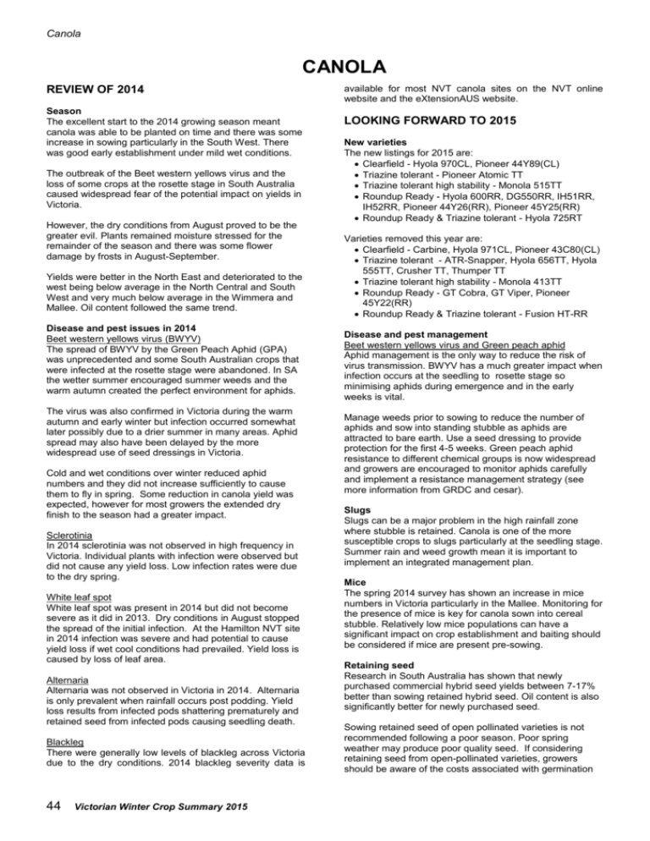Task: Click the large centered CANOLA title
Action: (x=324, y=66)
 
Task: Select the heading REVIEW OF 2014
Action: (x=83, y=91)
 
